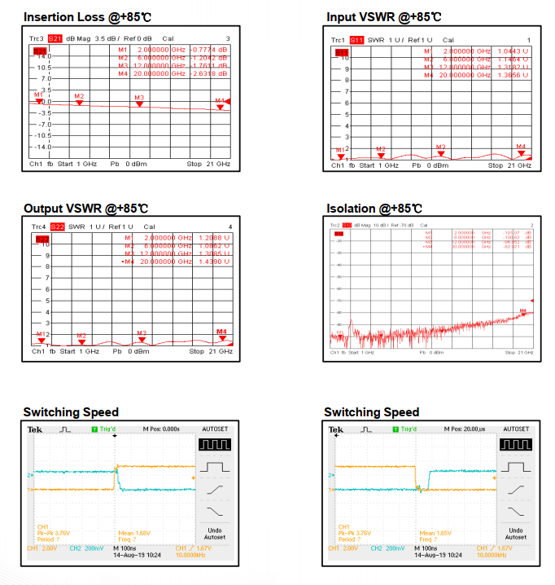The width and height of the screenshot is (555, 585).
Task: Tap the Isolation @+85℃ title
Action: point(374,209)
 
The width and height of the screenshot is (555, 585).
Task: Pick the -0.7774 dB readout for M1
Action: point(213,49)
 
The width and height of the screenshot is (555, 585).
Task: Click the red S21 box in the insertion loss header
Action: point(55,38)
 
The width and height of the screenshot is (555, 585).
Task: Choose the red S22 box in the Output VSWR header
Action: point(58,226)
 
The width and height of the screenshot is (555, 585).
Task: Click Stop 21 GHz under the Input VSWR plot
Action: point(509,165)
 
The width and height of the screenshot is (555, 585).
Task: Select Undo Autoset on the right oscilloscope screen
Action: point(516,533)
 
